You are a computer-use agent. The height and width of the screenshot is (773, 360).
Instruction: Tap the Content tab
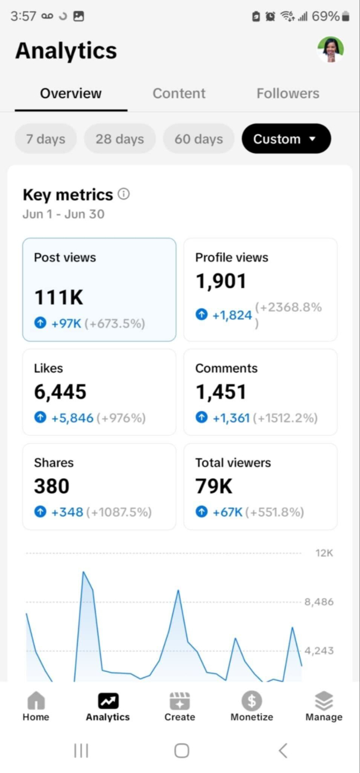[179, 93]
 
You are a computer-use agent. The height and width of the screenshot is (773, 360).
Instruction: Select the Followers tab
[288, 93]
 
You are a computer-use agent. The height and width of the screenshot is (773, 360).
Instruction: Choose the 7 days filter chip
[46, 139]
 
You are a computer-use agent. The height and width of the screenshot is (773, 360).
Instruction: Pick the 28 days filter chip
[120, 139]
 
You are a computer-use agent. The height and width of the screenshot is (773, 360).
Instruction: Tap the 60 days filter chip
[199, 139]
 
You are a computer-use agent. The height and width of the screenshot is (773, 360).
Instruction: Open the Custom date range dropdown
[286, 139]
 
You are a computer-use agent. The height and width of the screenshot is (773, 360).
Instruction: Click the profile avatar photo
[330, 50]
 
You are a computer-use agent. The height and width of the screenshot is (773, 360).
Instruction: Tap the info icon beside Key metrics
[124, 194]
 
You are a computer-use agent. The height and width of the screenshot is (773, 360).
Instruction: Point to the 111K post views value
[58, 297]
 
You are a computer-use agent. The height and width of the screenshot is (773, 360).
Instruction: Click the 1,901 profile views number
[221, 281]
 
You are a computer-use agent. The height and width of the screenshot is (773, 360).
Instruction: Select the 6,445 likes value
[60, 392]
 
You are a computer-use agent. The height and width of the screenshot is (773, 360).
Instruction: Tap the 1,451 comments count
[221, 392]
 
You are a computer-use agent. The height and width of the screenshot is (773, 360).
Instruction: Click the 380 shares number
[52, 486]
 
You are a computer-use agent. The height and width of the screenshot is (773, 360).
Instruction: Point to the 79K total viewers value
[214, 486]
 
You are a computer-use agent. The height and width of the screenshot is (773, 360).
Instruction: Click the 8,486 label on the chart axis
[319, 602]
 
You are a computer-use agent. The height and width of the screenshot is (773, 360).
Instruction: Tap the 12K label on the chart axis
[324, 553]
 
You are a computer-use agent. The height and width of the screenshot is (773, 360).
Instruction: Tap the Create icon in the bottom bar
[180, 701]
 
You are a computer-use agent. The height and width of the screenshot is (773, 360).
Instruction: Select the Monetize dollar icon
[252, 701]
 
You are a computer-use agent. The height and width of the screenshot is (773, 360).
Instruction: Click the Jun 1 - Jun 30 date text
[63, 214]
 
